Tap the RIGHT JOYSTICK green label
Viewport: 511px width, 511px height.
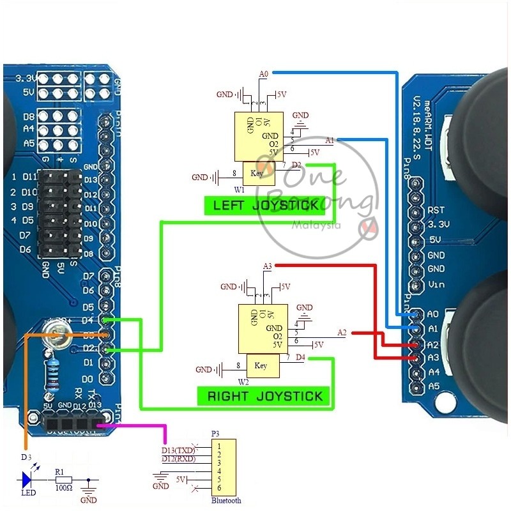[264, 396]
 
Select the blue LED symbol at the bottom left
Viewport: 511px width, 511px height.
[27, 479]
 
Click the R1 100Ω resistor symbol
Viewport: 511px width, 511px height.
[62, 479]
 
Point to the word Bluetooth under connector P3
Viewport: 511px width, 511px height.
[226, 501]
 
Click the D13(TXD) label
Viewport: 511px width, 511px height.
[178, 450]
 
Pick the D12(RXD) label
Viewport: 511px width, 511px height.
[178, 459]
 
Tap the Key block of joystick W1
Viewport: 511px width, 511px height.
[257, 173]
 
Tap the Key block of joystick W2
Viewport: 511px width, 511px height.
[261, 365]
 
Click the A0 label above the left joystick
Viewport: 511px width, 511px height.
[264, 74]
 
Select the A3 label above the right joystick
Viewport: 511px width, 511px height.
[268, 266]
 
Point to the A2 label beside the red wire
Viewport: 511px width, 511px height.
[342, 332]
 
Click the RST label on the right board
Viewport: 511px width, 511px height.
[436, 210]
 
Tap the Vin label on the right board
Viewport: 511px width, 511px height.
[436, 284]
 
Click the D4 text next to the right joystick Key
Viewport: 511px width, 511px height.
[301, 357]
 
